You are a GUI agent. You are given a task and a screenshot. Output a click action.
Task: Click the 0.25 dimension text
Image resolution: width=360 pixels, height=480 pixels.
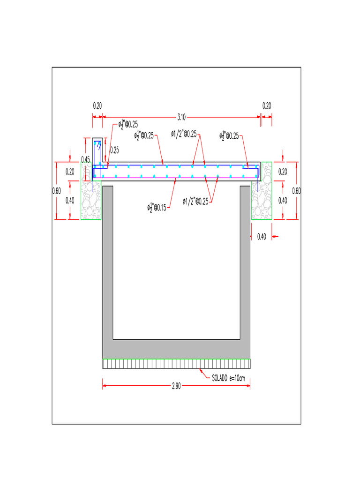pos(114,150)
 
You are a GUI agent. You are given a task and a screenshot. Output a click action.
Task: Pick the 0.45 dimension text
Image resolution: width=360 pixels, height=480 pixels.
pos(85,159)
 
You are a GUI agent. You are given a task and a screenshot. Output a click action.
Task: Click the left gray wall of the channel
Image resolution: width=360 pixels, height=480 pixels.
pos(108,262)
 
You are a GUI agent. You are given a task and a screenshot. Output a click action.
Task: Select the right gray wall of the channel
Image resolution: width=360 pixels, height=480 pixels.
pos(245,262)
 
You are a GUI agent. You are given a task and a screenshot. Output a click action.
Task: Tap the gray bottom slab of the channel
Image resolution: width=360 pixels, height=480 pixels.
pos(176,349)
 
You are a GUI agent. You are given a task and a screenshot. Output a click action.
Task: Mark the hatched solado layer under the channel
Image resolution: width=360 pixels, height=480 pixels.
pos(176,364)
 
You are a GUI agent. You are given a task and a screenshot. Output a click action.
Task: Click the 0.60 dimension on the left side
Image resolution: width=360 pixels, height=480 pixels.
pos(56,191)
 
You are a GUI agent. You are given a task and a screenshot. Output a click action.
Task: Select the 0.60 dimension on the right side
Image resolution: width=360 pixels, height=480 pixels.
pos(296,191)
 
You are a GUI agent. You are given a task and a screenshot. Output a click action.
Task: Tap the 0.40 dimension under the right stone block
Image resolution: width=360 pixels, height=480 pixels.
pos(262,237)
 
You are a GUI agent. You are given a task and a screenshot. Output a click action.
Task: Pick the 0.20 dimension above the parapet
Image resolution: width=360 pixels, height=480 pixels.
pos(97,105)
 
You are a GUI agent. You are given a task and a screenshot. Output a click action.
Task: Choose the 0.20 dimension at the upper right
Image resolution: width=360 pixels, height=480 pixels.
pos(267,105)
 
